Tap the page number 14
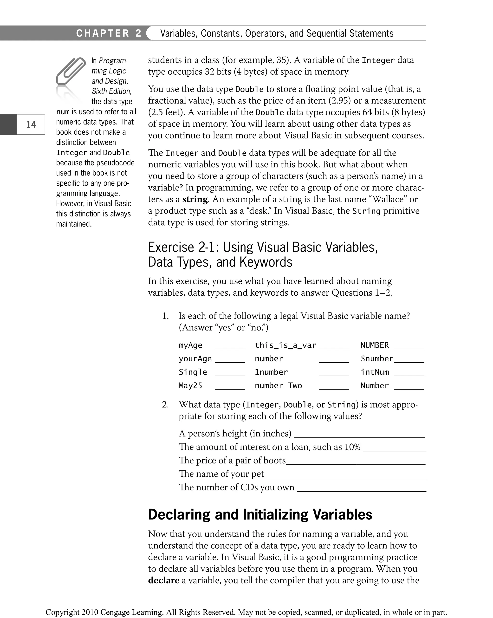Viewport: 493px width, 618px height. click(x=31, y=124)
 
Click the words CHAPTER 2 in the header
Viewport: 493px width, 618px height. click(x=109, y=33)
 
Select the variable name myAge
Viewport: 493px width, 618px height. click(x=190, y=345)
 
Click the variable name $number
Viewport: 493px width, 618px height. click(x=377, y=358)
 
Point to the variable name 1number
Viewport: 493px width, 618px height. click(x=271, y=372)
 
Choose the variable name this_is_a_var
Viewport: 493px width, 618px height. click(x=285, y=345)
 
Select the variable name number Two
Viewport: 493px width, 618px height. click(x=278, y=385)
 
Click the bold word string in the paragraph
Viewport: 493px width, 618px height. click(x=195, y=199)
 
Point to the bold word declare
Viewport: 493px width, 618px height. click(x=164, y=580)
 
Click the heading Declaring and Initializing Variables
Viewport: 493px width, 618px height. click(x=260, y=514)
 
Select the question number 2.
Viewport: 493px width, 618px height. click(x=165, y=404)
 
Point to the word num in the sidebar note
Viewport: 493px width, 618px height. click(x=63, y=112)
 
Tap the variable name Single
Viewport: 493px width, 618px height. click(x=193, y=372)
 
